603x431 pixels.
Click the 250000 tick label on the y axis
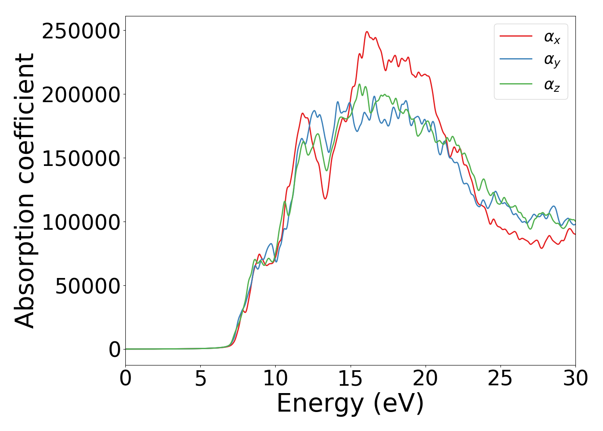[81, 31]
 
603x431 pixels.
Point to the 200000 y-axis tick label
[81, 95]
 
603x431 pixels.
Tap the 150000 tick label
[81, 159]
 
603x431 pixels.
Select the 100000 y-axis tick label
[81, 222]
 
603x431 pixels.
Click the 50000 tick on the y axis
[88, 286]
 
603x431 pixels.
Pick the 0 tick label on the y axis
[115, 350]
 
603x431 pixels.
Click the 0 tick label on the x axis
[125, 378]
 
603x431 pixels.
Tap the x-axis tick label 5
[200, 378]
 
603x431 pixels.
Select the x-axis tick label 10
[275, 378]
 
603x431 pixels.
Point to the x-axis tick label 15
[351, 378]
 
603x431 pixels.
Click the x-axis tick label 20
[426, 378]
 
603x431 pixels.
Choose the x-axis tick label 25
[500, 378]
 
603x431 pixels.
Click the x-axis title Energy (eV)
[350, 404]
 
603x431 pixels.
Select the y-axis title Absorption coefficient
[25, 191]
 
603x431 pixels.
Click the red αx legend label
[552, 37]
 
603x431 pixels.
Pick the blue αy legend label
[552, 60]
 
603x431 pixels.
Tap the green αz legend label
[552, 85]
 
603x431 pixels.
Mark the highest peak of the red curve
[367, 31]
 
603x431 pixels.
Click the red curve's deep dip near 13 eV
[325, 199]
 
